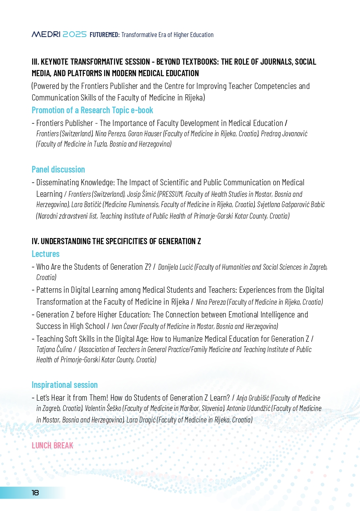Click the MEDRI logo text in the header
46,35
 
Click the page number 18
35,493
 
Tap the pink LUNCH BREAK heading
52,445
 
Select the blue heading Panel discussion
58,169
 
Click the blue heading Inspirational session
65,385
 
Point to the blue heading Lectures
45,254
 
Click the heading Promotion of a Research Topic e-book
92,110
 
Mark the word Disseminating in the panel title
61,182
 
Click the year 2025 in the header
75,35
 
